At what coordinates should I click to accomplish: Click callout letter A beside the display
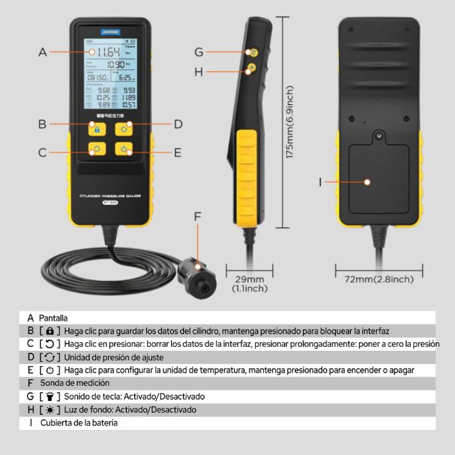pos(43,51)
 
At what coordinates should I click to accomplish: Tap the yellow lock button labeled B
pos(97,128)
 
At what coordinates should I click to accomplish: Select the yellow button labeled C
pos(97,149)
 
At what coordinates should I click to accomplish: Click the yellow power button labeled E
pos(125,149)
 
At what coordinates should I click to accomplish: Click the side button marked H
pos(252,68)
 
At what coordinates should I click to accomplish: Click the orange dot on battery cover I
pos(368,181)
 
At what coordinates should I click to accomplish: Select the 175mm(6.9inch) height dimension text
pos(290,122)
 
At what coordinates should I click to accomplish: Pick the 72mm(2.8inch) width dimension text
pos(379,279)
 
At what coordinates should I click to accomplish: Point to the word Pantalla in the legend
pos(53,318)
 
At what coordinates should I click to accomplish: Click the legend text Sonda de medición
pos(75,382)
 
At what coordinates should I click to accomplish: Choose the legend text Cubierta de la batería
pos(78,423)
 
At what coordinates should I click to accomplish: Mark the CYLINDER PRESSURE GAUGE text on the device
pos(110,195)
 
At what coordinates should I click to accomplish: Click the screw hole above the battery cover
pos(379,136)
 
